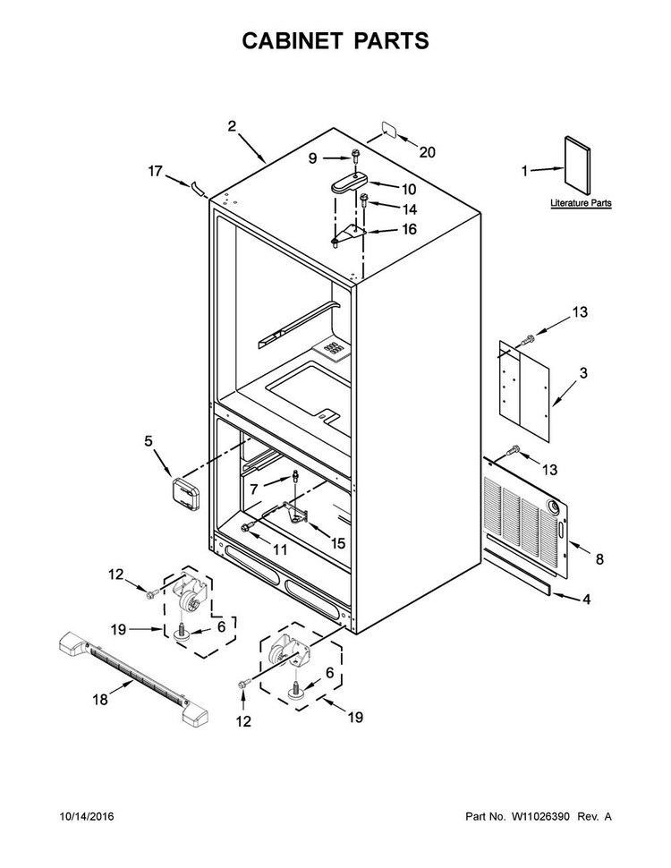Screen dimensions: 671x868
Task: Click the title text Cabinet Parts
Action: click(335, 41)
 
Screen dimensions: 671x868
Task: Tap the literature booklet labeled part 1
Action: click(577, 165)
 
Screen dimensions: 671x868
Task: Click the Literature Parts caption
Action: click(581, 203)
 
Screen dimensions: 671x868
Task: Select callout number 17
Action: click(155, 171)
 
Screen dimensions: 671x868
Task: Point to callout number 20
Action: click(427, 152)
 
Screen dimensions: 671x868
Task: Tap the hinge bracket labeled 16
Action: click(348, 234)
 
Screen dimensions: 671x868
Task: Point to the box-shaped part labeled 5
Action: click(185, 494)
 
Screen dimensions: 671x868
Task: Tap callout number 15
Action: click(337, 543)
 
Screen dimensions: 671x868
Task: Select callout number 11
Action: click(280, 549)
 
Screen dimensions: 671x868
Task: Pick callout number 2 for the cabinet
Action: click(232, 126)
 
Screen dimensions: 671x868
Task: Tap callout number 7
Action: click(254, 489)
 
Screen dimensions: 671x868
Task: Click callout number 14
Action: click(410, 209)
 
